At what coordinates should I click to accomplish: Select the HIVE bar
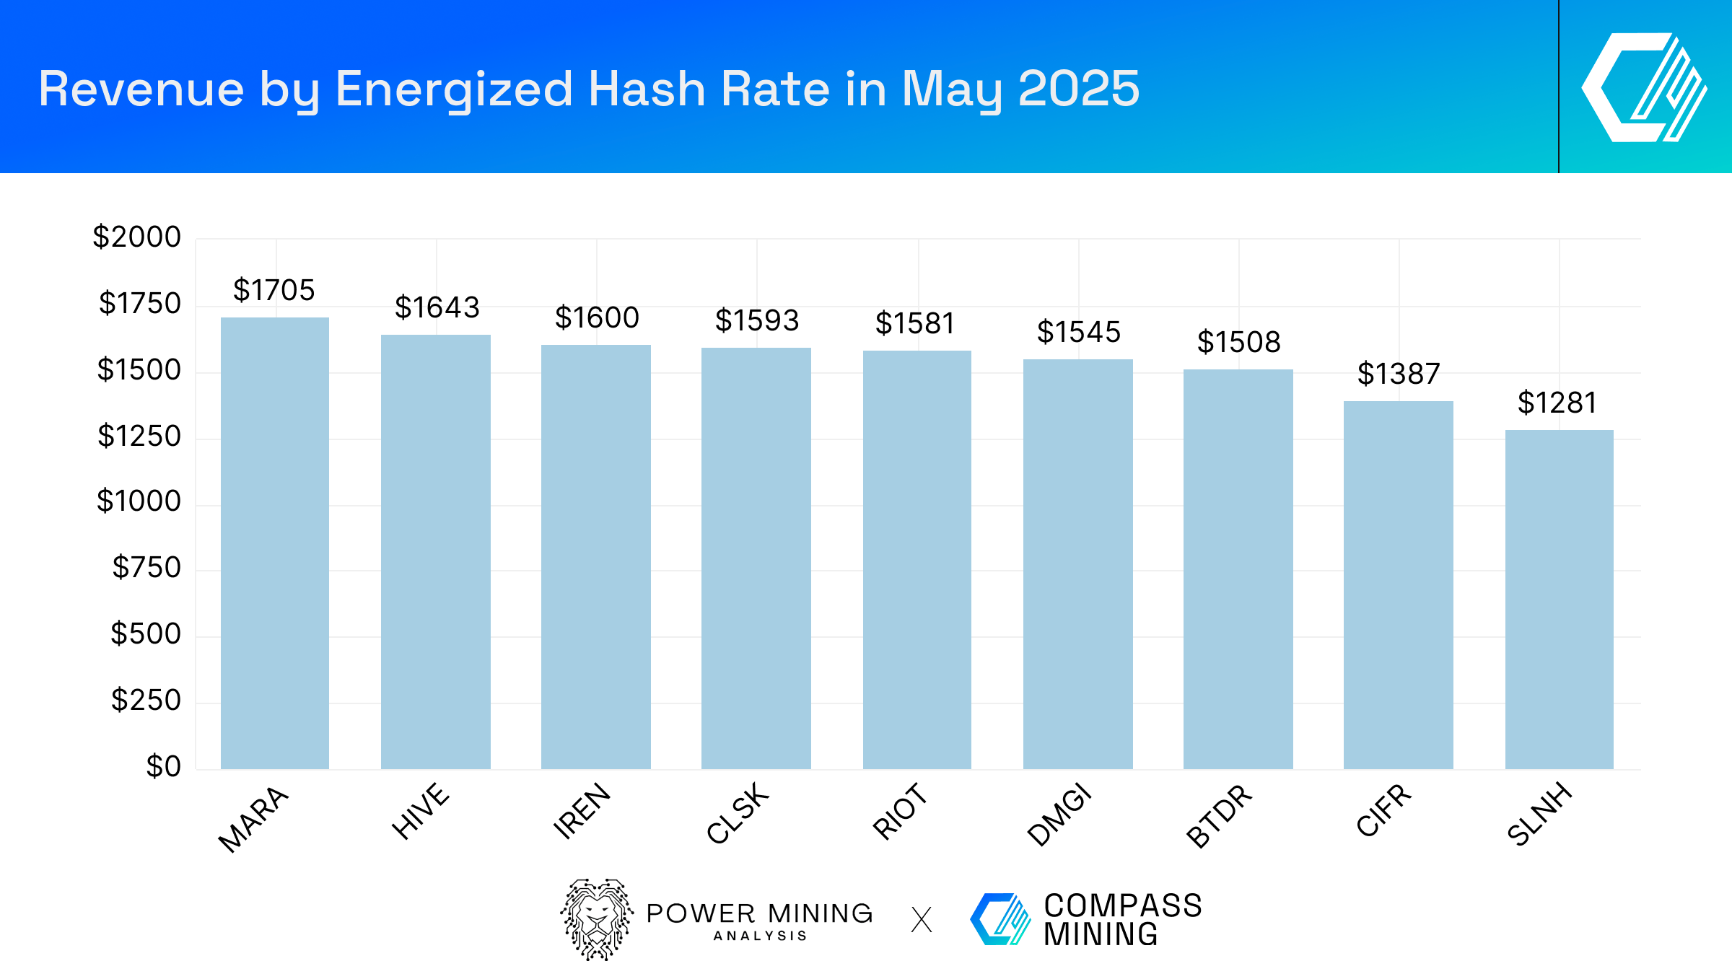(x=435, y=551)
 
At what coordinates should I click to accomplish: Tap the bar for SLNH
(x=1559, y=599)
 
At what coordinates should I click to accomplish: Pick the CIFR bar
(x=1398, y=584)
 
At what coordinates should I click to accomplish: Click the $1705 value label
(x=274, y=290)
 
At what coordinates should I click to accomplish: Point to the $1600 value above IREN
(x=597, y=317)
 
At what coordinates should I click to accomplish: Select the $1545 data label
(x=1078, y=332)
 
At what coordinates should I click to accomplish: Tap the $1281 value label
(x=1557, y=403)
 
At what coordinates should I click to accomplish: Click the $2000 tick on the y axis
(x=137, y=237)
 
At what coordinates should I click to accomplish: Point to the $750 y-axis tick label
(x=146, y=567)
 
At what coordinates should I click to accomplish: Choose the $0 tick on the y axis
(x=163, y=766)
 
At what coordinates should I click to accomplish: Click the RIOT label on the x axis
(x=900, y=811)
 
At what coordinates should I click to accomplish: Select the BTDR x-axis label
(x=1220, y=815)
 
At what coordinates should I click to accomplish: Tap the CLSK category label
(x=738, y=812)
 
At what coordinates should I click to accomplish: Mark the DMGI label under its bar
(x=1059, y=815)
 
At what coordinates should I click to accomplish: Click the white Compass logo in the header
(x=1644, y=87)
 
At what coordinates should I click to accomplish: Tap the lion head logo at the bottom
(x=597, y=919)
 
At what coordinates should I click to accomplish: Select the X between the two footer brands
(x=922, y=920)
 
